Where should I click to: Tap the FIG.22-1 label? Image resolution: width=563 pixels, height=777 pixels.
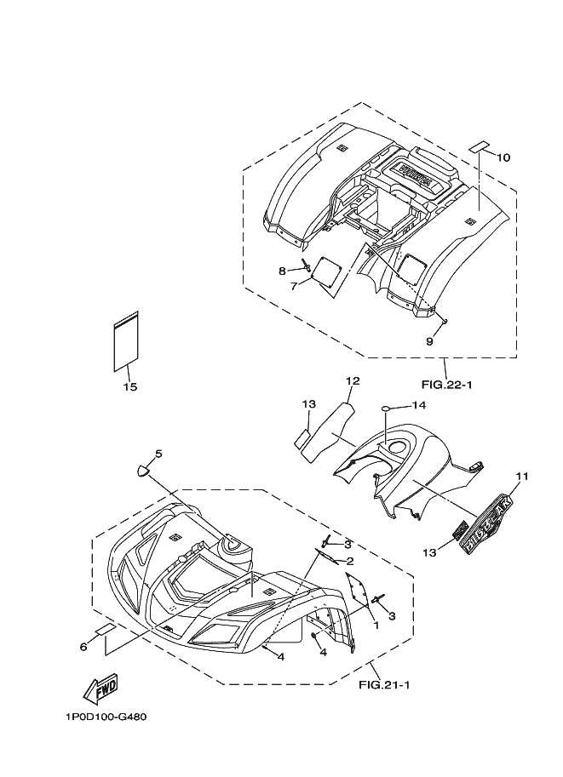[447, 385]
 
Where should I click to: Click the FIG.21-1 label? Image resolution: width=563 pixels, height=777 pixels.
[384, 683]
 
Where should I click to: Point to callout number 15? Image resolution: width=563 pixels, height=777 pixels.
[129, 387]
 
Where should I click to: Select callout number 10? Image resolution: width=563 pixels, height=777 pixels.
[503, 157]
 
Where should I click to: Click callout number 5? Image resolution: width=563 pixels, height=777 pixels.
[158, 454]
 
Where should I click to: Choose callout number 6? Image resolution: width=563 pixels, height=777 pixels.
[83, 647]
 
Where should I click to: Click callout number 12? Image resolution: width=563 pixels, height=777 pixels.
[353, 380]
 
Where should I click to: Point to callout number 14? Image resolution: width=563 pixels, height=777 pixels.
[419, 405]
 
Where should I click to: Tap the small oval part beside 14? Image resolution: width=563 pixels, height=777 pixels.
[386, 408]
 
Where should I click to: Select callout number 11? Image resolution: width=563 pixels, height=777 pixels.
[522, 476]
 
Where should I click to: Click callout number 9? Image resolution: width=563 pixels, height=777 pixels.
[429, 340]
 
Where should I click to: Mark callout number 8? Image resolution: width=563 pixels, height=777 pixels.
[282, 271]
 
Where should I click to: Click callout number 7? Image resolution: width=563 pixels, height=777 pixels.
[294, 286]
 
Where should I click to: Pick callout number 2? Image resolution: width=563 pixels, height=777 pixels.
[348, 561]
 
